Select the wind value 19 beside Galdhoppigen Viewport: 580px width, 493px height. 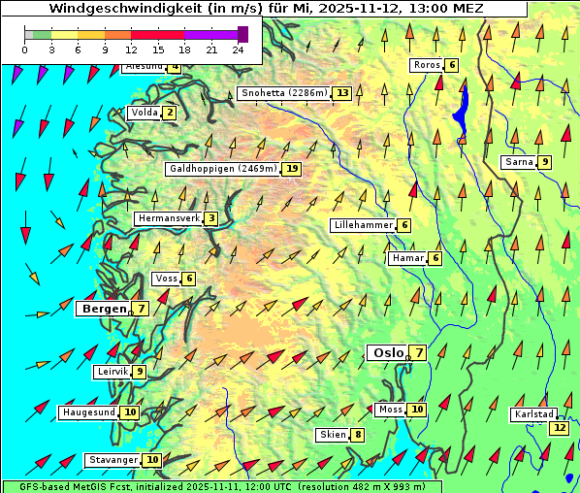(x=291, y=169)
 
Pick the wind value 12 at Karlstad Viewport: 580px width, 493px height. (x=559, y=427)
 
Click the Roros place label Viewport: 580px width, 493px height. (x=427, y=65)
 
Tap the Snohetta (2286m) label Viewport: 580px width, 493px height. (x=284, y=93)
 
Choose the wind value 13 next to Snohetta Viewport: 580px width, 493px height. (x=342, y=93)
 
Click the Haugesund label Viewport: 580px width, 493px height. (x=88, y=411)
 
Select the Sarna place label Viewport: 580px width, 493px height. (x=519, y=162)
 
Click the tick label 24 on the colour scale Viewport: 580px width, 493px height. (x=238, y=49)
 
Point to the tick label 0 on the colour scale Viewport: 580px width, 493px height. (x=25, y=49)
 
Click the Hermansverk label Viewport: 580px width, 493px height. (x=169, y=218)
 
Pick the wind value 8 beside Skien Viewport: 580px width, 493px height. (x=358, y=435)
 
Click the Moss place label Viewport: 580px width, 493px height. (x=390, y=410)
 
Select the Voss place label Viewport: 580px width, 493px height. (x=166, y=279)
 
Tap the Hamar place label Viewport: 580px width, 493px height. (x=407, y=258)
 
